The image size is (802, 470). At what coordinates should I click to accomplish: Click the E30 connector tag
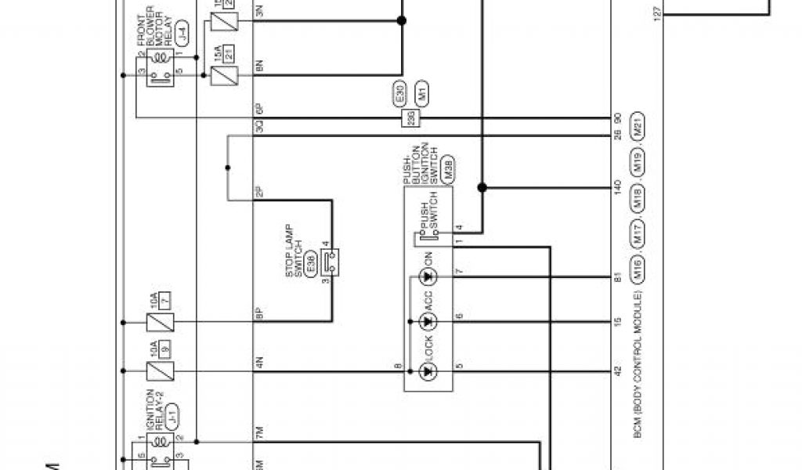[x=399, y=94]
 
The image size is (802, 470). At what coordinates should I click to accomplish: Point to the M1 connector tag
[x=421, y=94]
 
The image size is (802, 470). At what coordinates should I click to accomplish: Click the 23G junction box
[x=410, y=118]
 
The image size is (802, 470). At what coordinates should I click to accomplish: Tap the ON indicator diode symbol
[x=428, y=277]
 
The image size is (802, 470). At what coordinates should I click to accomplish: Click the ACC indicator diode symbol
[x=428, y=321]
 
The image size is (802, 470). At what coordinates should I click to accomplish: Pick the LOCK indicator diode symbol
[x=428, y=368]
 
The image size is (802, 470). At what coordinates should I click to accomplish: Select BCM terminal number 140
[x=618, y=187]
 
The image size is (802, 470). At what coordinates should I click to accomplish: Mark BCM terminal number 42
[x=618, y=368]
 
